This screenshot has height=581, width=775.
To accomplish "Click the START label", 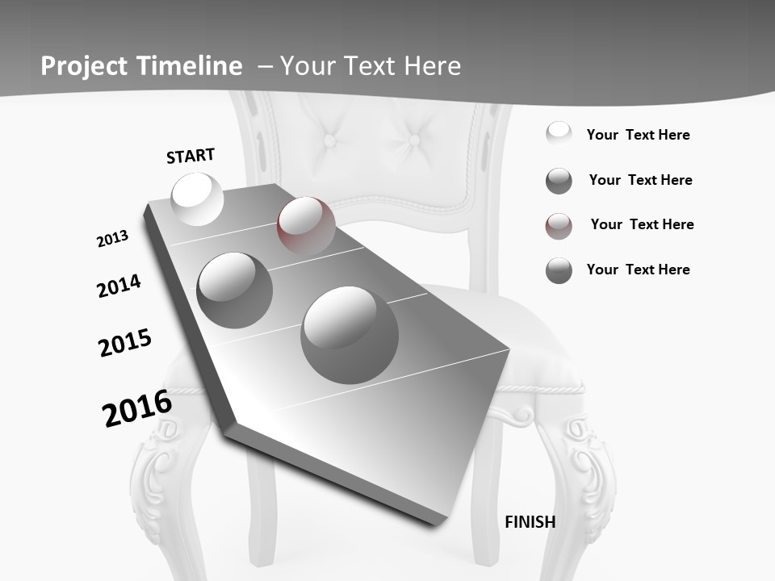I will coord(191,156).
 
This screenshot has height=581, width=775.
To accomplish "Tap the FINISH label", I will coord(530,522).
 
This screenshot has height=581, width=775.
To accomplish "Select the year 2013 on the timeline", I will coord(113,239).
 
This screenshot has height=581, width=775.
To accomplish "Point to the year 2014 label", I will coord(119,286).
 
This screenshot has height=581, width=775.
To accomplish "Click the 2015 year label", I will coord(125,343).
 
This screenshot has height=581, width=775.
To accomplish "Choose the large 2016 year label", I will coord(137,408).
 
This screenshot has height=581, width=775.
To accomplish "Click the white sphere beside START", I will coord(198,199).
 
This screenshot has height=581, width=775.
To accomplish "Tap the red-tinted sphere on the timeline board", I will coord(306,226).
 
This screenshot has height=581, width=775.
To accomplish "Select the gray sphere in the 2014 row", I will coord(235,290).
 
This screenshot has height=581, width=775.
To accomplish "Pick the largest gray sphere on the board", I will coord(350,335).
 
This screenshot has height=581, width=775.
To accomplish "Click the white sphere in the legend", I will coord(559,134).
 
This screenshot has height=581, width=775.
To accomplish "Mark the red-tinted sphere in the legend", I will coord(559,226).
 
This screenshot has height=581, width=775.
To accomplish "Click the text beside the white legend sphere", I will coord(639,136).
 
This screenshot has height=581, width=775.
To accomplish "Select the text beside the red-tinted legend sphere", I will coord(643,224).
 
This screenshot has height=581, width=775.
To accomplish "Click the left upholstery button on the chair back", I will coord(330,140).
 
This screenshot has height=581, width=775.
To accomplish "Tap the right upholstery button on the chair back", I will coord(414,140).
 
